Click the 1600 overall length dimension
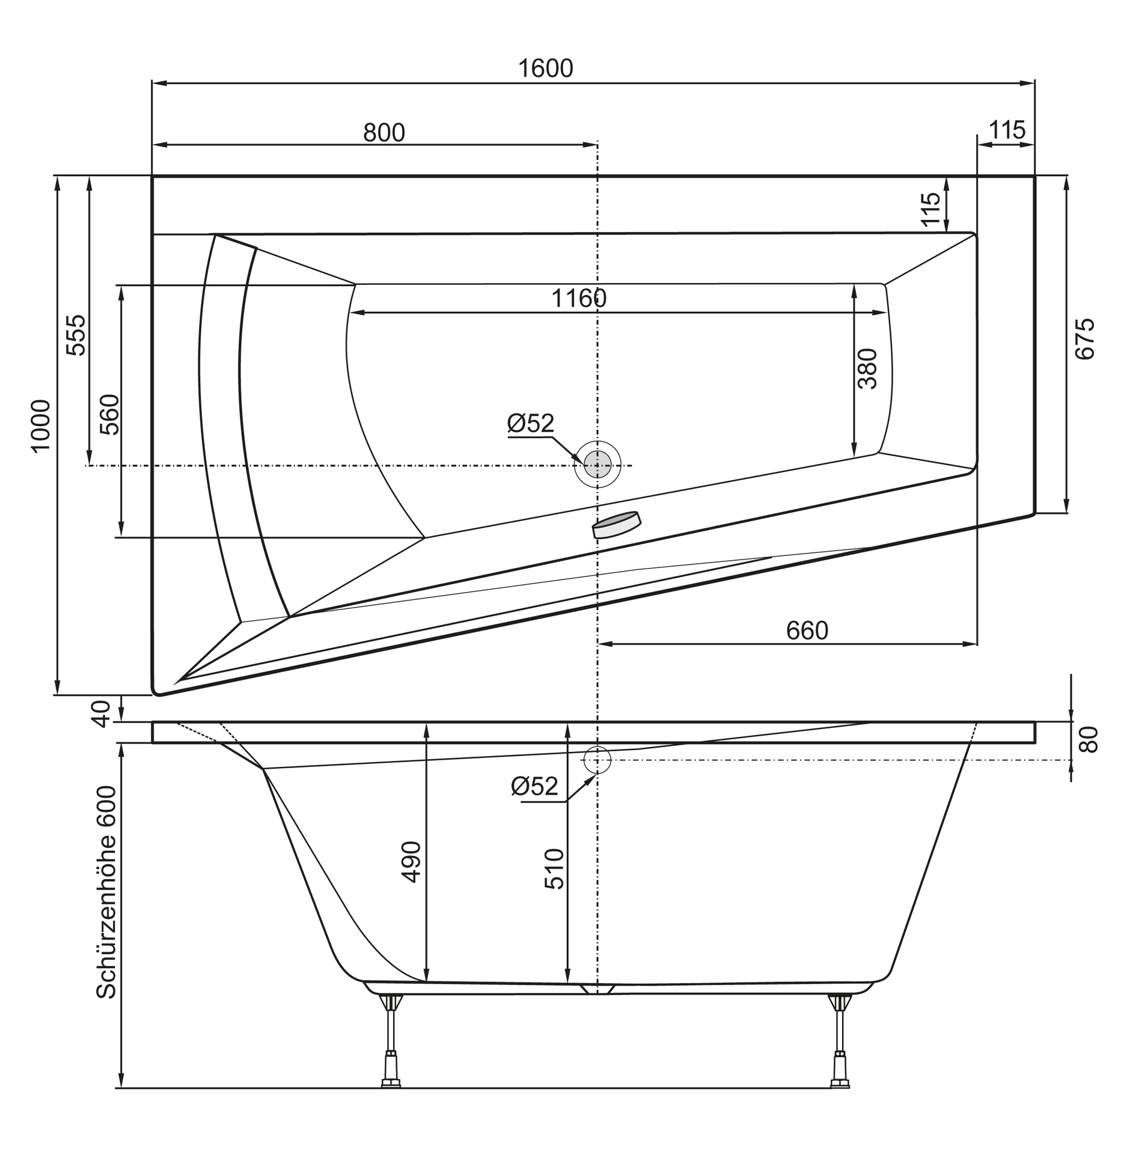pos(545,69)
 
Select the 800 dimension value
pos(384,132)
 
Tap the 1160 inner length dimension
pos(579,298)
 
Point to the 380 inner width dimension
pos(867,368)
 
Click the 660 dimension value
pos(807,630)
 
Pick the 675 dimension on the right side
pos(1084,339)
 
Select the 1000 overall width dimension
pos(41,426)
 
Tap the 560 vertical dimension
pos(109,415)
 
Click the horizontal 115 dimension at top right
pos(1007,130)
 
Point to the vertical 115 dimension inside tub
pos(930,209)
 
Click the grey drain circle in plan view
pos(597,463)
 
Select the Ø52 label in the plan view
pos(530,423)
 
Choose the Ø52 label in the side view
pos(534,786)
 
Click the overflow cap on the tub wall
pos(617,525)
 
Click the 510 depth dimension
pos(554,869)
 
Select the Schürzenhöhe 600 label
pos(106,893)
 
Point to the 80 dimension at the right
pos(1088,739)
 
